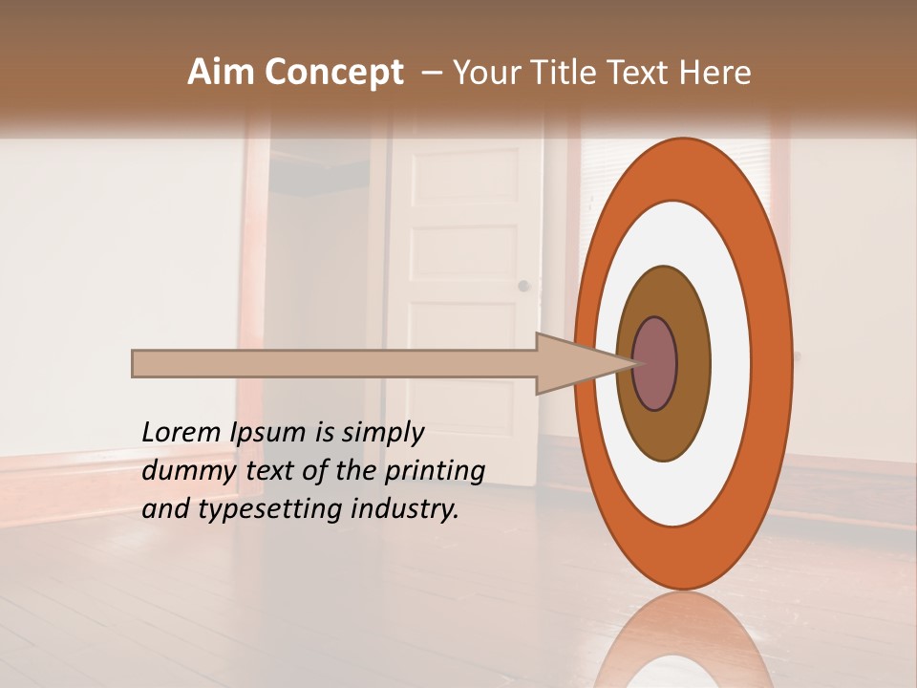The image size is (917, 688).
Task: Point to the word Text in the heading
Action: tap(643, 73)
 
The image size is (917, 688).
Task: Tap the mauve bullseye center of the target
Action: tap(655, 364)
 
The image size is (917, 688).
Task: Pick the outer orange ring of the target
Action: tap(774, 364)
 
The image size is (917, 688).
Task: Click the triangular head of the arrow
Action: tap(573, 364)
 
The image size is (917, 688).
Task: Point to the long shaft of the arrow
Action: tap(334, 364)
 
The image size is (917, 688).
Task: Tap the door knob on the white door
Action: tap(522, 286)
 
